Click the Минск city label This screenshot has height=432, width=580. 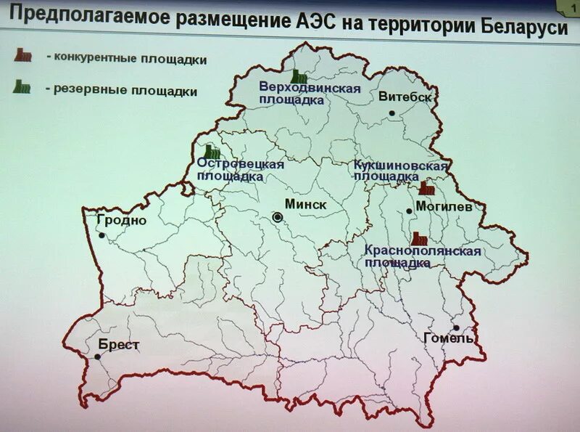tap(307, 205)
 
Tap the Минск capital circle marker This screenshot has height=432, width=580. tap(278, 217)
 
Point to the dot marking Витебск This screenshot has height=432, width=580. tap(391, 113)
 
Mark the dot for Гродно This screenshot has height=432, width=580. tap(102, 235)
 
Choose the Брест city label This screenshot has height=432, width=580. tap(118, 345)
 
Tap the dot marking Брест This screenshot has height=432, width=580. tap(99, 357)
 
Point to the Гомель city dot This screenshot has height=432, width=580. tap(457, 327)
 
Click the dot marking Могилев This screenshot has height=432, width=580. tap(410, 211)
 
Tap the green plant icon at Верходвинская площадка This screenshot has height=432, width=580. tap(297, 75)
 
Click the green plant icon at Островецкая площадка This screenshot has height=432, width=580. tap(212, 151)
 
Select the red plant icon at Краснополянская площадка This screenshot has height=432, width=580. tap(418, 237)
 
